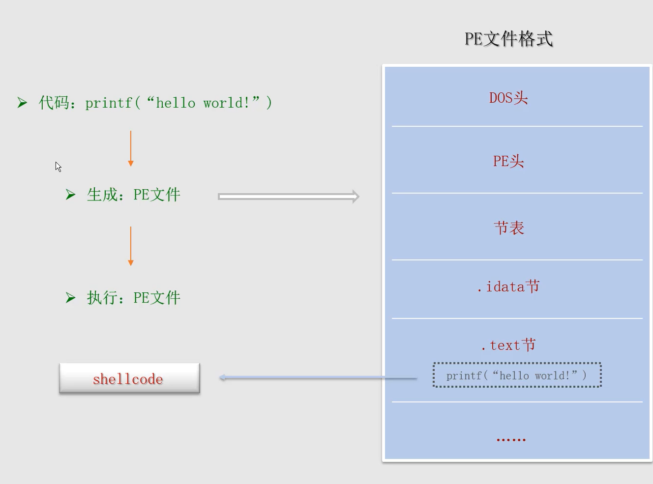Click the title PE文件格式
508,39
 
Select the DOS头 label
508,98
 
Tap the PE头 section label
508,161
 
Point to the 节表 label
509,228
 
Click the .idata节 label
508,286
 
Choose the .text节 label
508,345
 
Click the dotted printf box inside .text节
517,375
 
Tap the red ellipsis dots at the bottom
511,439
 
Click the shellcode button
129,378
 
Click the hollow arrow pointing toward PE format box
289,197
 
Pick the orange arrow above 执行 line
131,246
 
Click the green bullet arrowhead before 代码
22,103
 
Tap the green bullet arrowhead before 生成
70,195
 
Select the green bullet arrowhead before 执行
70,298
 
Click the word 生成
102,195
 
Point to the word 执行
102,298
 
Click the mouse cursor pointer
58,167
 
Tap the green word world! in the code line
226,103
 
